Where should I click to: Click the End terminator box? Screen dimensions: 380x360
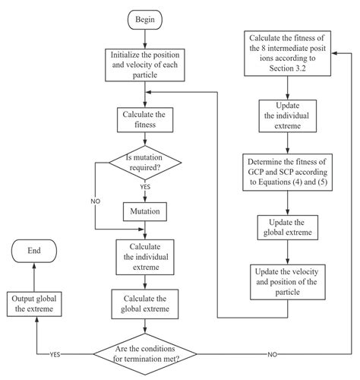pyautogui.click(x=33, y=250)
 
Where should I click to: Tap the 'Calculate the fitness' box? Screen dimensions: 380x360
pyautogui.click(x=144, y=120)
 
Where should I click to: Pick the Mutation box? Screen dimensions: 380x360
pyautogui.click(x=144, y=208)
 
